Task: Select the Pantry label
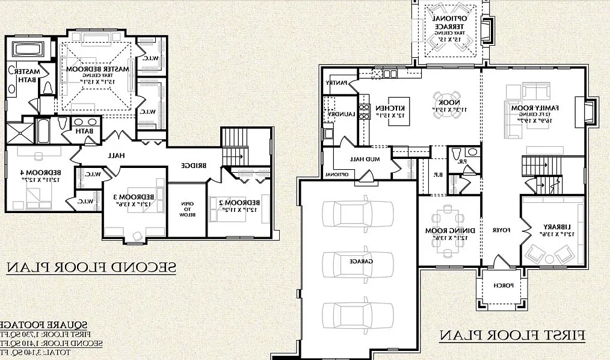(x=337, y=82)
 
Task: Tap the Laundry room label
(x=337, y=114)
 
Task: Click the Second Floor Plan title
(x=91, y=267)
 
